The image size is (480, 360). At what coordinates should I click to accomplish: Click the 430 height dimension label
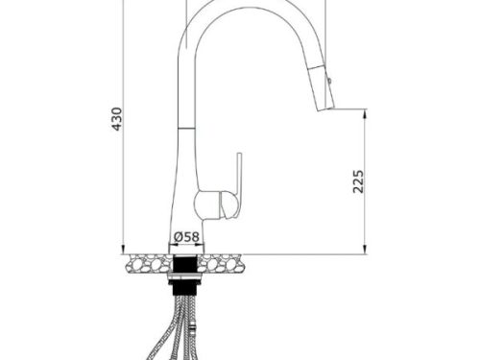click(117, 119)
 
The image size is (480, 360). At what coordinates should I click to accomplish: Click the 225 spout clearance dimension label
click(358, 181)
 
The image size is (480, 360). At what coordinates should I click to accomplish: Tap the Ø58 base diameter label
click(186, 237)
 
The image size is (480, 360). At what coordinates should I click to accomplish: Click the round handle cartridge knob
click(207, 204)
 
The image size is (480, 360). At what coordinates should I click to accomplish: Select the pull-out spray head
click(321, 87)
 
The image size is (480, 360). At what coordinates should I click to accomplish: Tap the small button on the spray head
click(329, 80)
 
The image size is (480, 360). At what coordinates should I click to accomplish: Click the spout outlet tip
click(325, 109)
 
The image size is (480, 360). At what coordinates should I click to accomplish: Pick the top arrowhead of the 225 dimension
click(365, 112)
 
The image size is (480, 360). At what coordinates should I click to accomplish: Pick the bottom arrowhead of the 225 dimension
click(365, 251)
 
